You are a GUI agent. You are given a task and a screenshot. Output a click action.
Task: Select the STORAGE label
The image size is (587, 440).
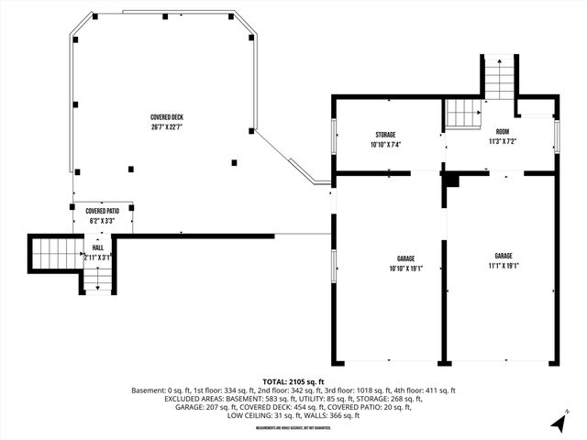point(385,135)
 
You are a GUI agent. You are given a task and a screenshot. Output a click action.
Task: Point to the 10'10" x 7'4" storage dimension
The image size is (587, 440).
point(385,144)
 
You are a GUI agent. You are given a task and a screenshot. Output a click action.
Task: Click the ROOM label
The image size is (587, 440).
point(503,131)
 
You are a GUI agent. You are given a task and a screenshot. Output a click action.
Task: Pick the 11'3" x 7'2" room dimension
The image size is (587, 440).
point(503,141)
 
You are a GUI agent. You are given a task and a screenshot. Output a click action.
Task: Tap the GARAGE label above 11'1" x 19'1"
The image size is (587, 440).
point(504,256)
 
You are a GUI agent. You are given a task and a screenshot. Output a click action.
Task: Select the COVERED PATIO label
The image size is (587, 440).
point(103,212)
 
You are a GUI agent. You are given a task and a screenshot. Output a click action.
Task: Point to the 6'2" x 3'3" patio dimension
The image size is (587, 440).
point(103,221)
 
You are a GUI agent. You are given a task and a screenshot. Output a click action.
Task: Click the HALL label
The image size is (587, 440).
point(97,248)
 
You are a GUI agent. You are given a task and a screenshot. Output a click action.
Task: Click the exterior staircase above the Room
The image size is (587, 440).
point(497,78)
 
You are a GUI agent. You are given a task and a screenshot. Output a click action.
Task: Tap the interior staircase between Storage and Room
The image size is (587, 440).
point(463,115)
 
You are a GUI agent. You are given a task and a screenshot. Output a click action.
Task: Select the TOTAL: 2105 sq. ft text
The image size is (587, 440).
point(293,381)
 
